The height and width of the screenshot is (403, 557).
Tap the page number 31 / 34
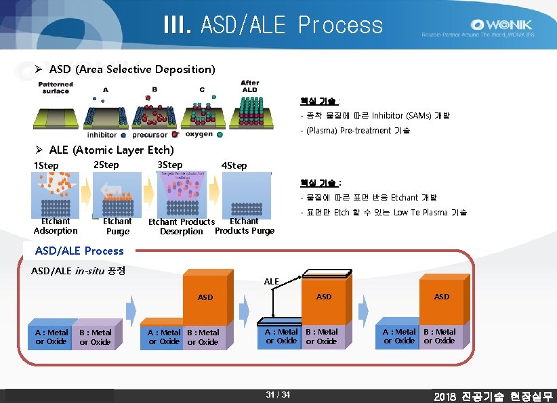pyautogui.click(x=278, y=395)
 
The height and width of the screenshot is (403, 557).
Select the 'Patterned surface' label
pyautogui.click(x=56, y=87)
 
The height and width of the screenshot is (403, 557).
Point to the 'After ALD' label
pyautogui.click(x=249, y=87)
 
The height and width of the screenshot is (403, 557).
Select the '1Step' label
pyautogui.click(x=46, y=166)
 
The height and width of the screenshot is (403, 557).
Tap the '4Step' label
pyautogui.click(x=234, y=166)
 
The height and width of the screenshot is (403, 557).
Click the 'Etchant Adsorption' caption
pyautogui.click(x=56, y=226)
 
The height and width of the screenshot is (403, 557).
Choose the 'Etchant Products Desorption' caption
pyautogui.click(x=182, y=226)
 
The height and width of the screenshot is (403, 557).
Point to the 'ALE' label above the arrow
pyautogui.click(x=271, y=280)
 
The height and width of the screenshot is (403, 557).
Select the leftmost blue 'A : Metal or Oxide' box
pyautogui.click(x=51, y=337)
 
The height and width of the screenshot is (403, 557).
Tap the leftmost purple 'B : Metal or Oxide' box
pyautogui.click(x=95, y=337)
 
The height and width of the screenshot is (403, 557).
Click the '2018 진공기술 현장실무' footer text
pyautogui.click(x=493, y=396)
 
